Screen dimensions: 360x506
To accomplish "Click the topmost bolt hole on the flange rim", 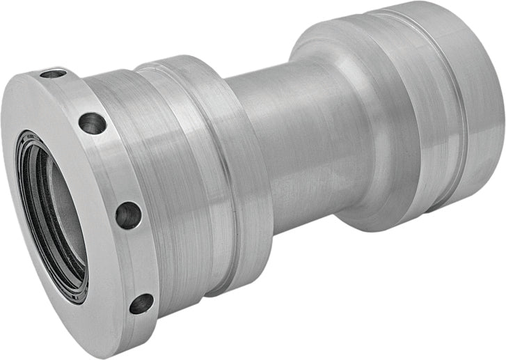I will tap(53, 72).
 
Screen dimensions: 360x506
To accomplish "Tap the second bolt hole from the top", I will tap(92, 123).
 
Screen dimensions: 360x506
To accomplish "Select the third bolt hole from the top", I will tap(128, 214).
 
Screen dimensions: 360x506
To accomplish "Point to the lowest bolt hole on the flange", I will tap(141, 303).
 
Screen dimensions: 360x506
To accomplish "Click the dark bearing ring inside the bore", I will tap(31, 174).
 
